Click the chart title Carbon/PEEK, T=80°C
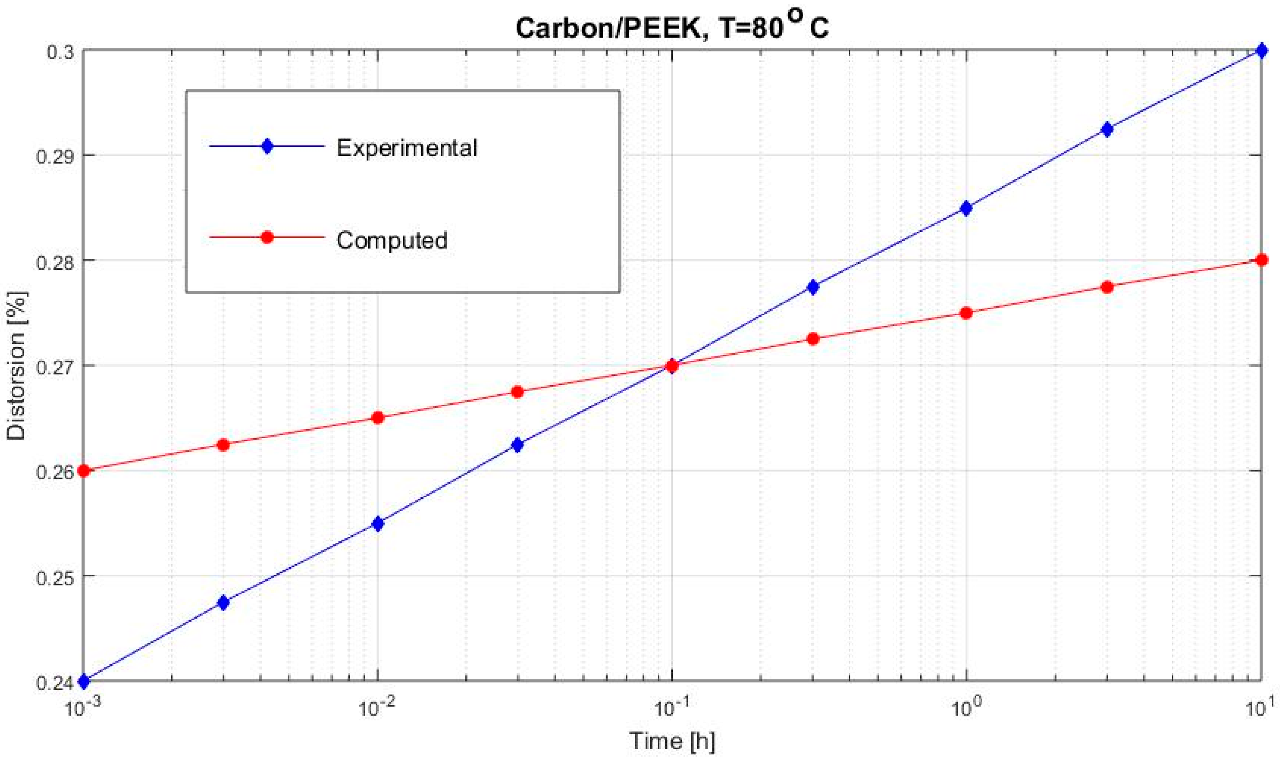(x=672, y=27)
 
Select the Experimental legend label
(x=406, y=148)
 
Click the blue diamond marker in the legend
(x=267, y=146)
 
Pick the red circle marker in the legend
(x=267, y=238)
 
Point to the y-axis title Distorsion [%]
(x=16, y=365)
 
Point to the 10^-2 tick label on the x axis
(x=377, y=707)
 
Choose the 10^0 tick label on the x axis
(x=966, y=707)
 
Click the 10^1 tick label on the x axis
(x=1261, y=707)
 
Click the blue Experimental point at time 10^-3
(x=84, y=681)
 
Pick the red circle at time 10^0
(x=966, y=313)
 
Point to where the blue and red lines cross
(x=672, y=365)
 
